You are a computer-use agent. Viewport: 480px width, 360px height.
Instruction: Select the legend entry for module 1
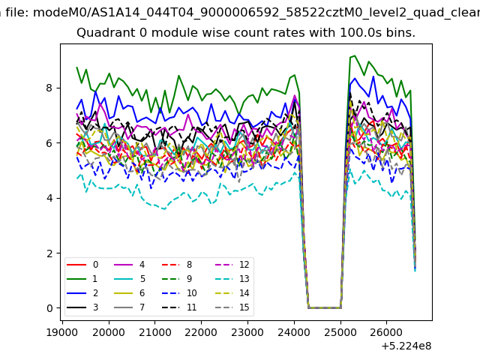tap(82, 279)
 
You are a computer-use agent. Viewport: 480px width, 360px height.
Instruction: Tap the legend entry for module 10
tap(179, 293)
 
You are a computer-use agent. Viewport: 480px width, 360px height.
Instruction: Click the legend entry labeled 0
tap(82, 265)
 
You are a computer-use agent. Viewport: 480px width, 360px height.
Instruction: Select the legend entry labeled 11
tap(179, 307)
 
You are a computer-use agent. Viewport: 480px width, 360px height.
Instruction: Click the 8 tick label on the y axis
tap(49, 88)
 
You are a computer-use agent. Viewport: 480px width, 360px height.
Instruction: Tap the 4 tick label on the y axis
tap(49, 198)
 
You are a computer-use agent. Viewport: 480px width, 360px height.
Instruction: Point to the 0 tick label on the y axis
tap(49, 308)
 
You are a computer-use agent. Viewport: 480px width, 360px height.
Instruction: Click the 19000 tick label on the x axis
tap(62, 332)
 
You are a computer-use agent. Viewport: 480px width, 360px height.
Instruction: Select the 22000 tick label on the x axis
tap(201, 332)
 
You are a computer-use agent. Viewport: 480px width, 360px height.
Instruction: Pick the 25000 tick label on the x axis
tap(340, 332)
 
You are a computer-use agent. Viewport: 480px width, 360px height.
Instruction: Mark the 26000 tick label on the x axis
tap(386, 332)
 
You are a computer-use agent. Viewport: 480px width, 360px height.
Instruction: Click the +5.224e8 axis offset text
tap(406, 346)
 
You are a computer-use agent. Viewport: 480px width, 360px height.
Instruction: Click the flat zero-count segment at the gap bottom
tap(325, 307)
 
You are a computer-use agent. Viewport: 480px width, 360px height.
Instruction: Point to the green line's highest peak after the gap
tap(355, 55)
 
